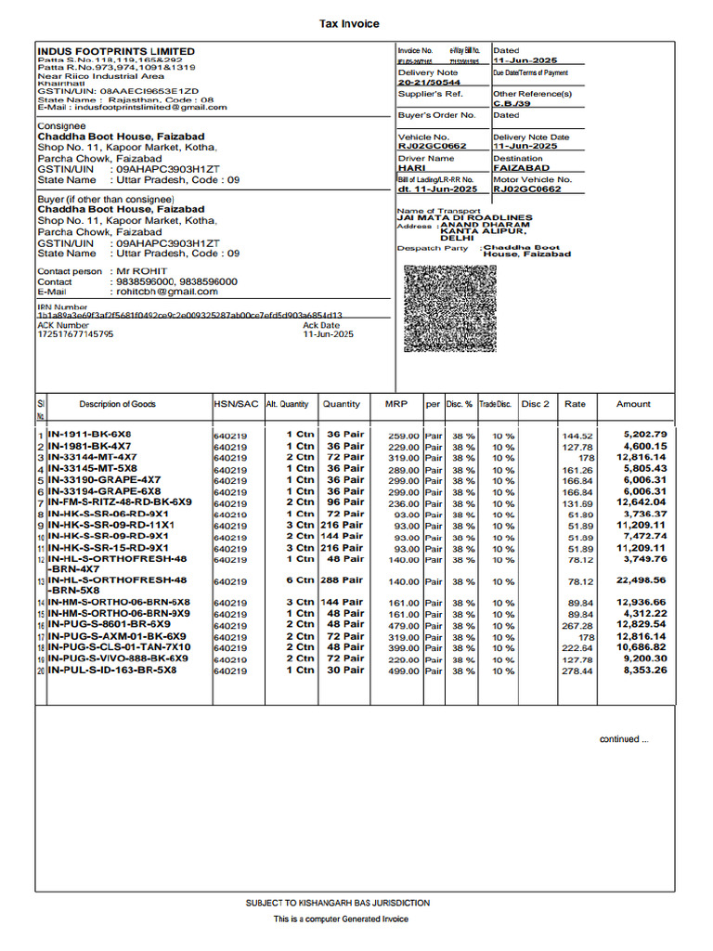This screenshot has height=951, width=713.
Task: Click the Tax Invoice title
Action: tap(349, 24)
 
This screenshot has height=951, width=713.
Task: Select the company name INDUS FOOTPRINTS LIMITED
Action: tap(116, 51)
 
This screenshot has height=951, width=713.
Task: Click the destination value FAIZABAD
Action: tap(521, 168)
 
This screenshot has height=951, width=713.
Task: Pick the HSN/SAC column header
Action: tap(236, 404)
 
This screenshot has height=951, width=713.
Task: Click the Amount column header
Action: tap(633, 404)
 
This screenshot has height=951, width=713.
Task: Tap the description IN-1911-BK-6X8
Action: tap(89, 435)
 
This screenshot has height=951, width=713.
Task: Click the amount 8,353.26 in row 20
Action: tap(644, 670)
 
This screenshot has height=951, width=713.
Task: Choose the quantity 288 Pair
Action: tap(342, 580)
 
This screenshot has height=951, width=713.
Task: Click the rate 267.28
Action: tap(577, 626)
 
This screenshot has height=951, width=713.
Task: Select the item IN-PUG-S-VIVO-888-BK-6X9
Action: tap(118, 658)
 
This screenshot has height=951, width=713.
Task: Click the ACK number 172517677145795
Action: tap(75, 334)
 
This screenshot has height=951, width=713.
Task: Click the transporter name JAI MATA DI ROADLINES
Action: tap(465, 217)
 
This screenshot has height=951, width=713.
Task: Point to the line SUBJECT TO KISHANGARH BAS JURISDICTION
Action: tap(338, 903)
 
